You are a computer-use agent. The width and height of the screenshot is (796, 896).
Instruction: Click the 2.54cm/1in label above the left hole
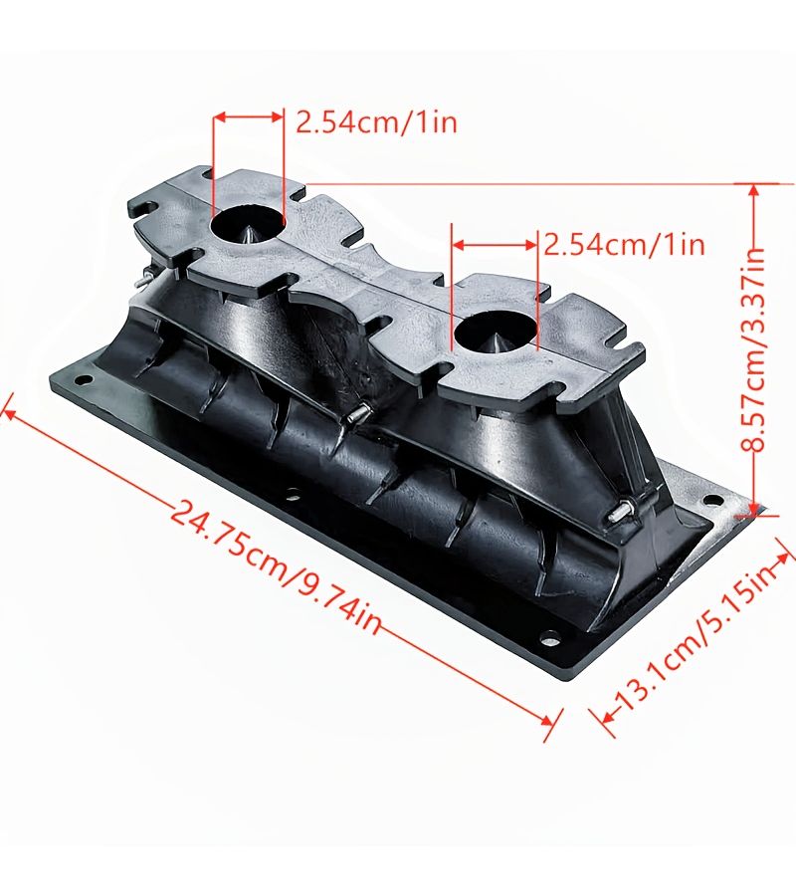click(376, 122)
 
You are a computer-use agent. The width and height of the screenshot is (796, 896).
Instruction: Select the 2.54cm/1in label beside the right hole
click(624, 245)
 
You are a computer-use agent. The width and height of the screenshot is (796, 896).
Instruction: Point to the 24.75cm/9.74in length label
click(277, 566)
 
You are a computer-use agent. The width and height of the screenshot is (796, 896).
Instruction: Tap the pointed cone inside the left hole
click(250, 233)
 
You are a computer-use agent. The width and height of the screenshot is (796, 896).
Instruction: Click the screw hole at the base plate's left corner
click(84, 379)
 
